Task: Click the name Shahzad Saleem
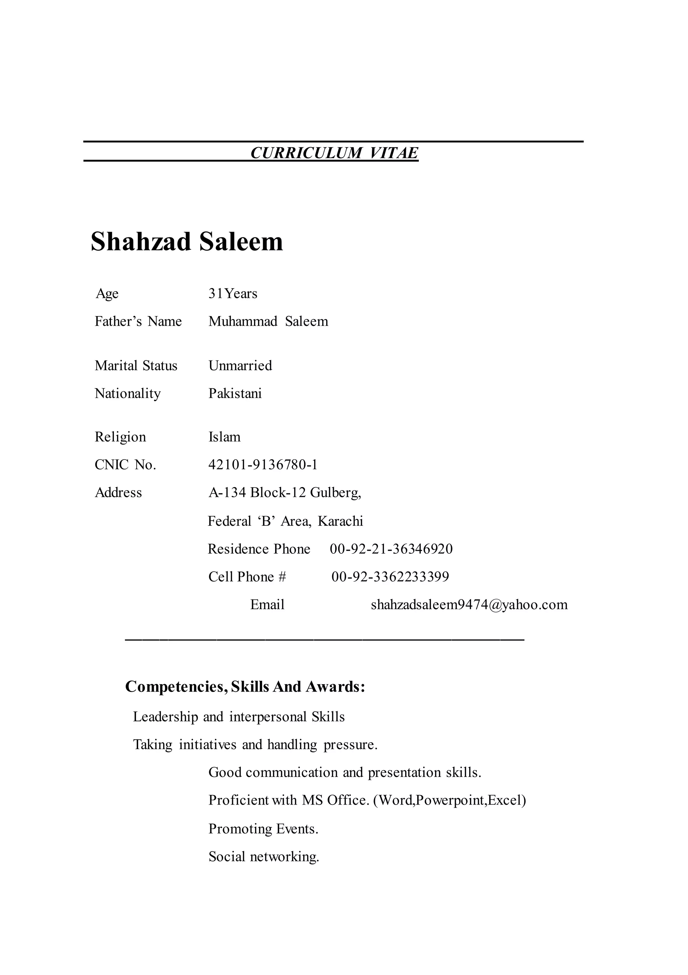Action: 187,242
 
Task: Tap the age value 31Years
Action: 232,294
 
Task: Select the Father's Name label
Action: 138,321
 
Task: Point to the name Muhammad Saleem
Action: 268,321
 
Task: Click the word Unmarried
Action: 240,366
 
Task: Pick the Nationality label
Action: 128,394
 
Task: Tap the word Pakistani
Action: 235,394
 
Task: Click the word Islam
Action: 224,437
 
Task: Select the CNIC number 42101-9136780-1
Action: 263,465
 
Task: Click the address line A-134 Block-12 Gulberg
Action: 284,493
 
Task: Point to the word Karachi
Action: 340,521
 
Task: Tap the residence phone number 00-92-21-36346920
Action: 391,549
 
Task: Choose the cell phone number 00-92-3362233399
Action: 390,577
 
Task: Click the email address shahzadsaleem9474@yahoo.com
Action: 469,605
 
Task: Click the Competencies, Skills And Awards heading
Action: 245,687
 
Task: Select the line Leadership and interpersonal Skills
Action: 239,717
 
